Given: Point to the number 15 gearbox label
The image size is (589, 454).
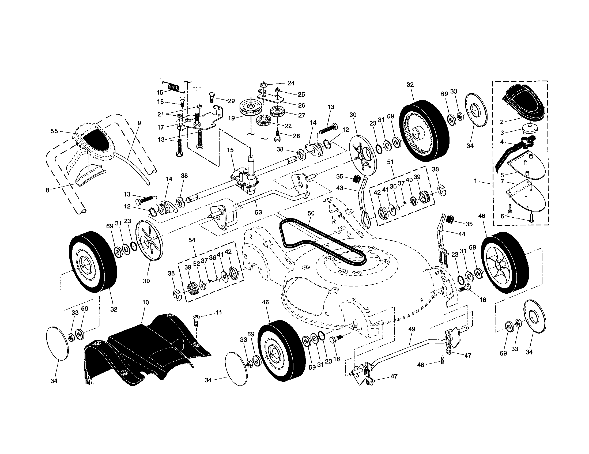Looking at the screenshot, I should pos(230,150).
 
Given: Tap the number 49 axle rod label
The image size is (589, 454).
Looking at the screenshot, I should pos(412,329).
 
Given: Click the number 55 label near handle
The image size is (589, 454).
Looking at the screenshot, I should pos(54,131).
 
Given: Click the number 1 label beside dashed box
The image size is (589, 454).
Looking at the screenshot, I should pos(476,181).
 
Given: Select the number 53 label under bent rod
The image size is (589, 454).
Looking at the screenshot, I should pos(258,212).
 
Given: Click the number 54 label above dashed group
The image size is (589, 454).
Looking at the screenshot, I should pos(192,240).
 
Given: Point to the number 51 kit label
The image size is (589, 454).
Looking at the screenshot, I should pos(390,162).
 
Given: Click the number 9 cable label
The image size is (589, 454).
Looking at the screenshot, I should pos(139,123).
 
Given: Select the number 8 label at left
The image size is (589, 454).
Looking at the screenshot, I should pos(47,190).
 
